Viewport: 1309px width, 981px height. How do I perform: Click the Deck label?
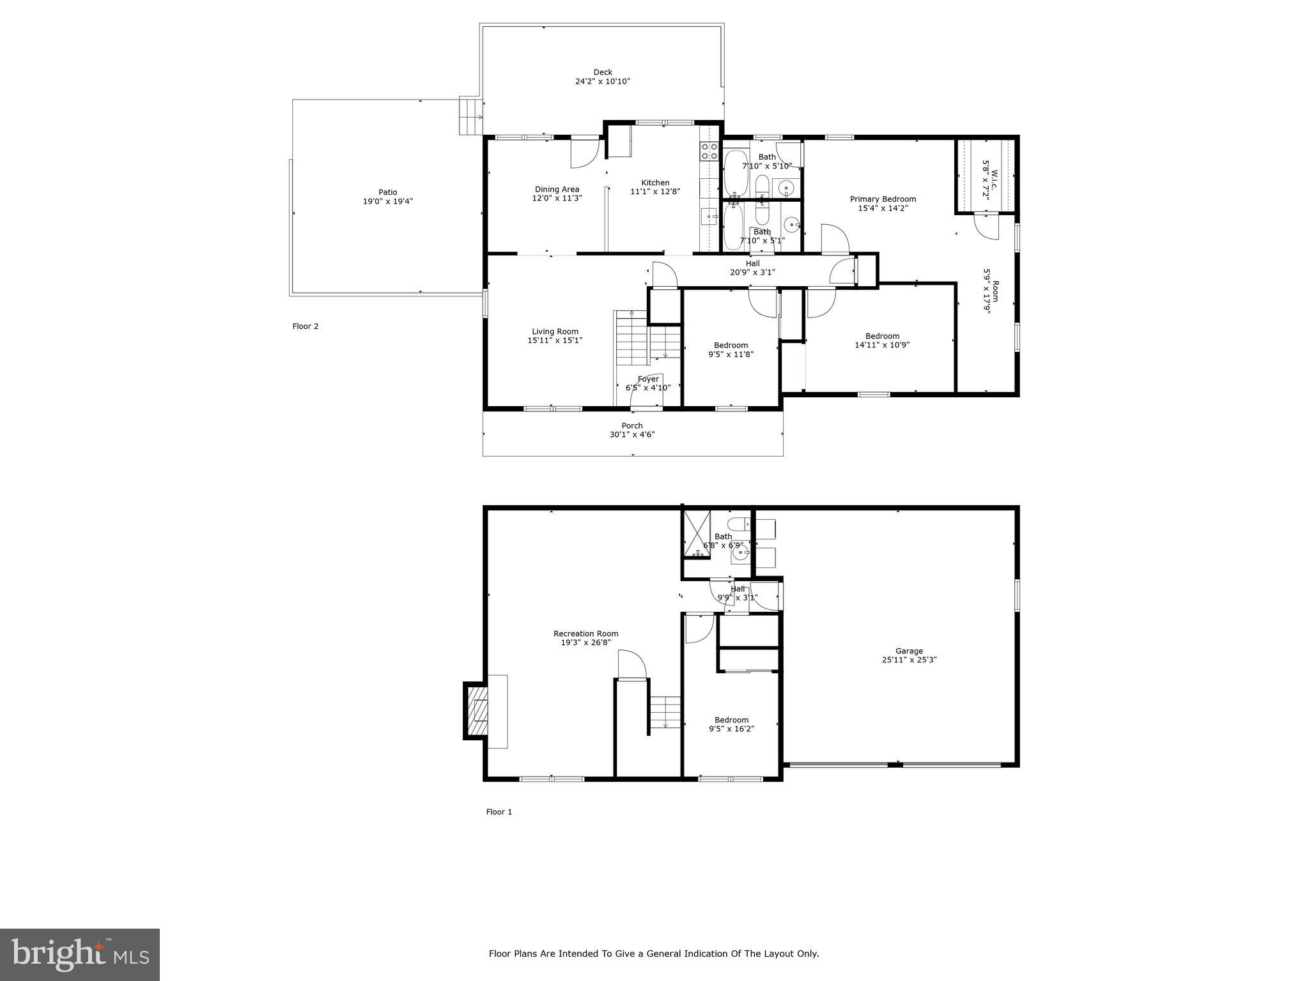[x=602, y=72]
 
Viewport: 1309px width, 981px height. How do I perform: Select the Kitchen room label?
[x=655, y=183]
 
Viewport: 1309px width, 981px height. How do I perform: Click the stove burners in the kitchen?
[x=709, y=151]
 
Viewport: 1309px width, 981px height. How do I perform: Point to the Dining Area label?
[x=557, y=189]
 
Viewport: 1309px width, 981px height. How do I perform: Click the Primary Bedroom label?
[x=883, y=199]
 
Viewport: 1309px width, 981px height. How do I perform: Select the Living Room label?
[x=555, y=331]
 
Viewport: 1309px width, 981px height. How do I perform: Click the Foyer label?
[x=647, y=379]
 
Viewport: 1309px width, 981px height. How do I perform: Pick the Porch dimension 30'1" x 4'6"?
[x=632, y=434]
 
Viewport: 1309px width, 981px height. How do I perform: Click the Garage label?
[x=908, y=651]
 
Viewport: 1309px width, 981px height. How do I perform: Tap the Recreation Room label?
[x=585, y=634]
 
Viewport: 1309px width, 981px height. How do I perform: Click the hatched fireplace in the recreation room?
[x=476, y=710]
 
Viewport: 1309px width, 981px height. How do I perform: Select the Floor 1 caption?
[x=499, y=812]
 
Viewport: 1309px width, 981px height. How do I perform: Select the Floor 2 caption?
[x=306, y=326]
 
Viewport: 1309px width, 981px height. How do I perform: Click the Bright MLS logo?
[x=79, y=954]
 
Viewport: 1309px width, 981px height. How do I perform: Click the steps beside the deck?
[x=470, y=116]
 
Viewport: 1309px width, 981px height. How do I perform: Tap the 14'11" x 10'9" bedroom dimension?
[x=882, y=345]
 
